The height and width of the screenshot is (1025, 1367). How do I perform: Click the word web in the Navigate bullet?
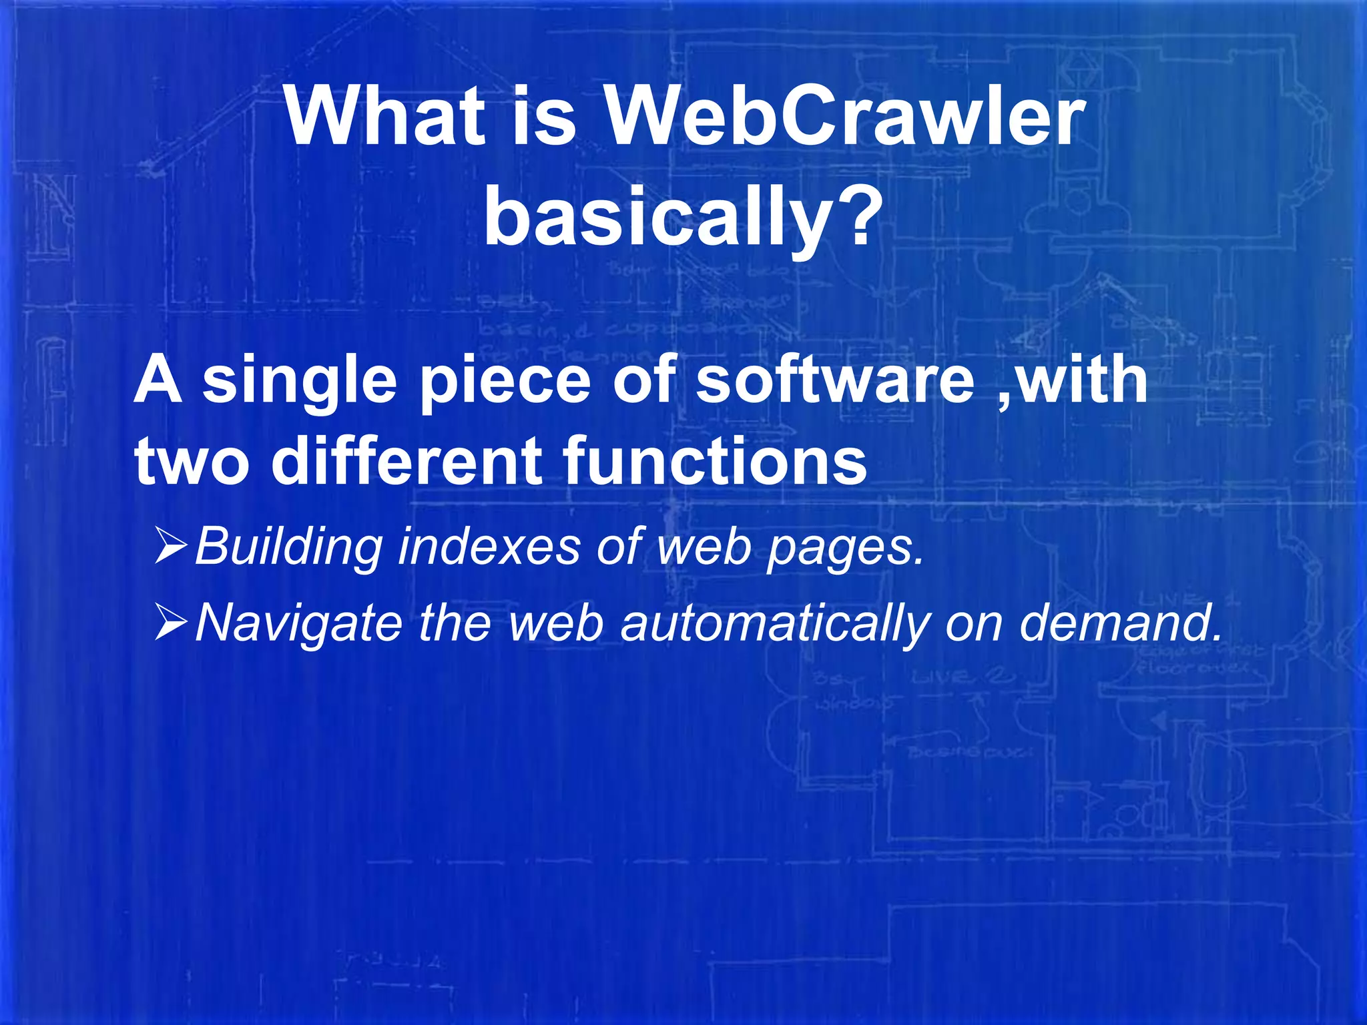pyautogui.click(x=555, y=622)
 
